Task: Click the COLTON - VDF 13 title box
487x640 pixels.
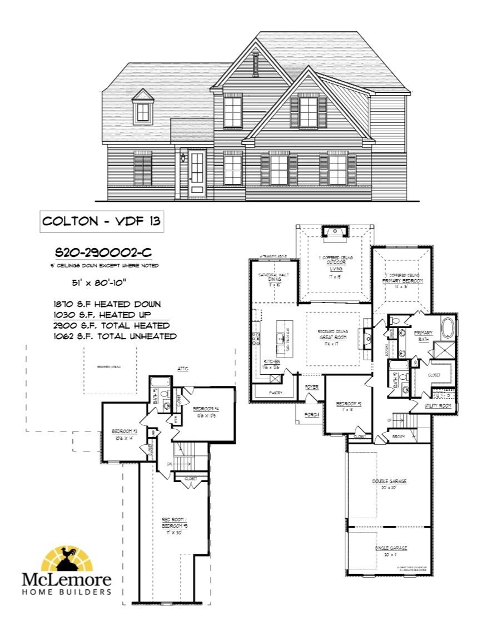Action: point(102,221)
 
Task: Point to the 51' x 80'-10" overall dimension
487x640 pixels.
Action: point(97,282)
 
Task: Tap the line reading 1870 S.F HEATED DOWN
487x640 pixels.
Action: point(107,304)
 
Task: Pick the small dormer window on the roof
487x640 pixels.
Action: point(143,112)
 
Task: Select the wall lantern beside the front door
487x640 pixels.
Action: point(182,157)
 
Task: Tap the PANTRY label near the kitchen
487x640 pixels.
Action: point(275,393)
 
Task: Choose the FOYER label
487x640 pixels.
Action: point(311,386)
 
